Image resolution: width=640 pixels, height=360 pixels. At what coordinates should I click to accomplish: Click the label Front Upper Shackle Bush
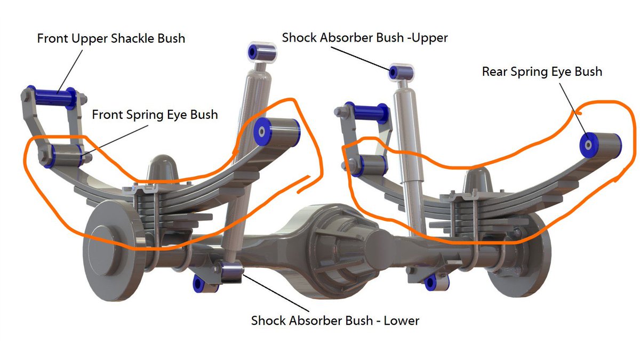[x=111, y=39]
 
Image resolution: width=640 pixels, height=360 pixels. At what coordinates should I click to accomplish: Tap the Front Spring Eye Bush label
[x=155, y=114]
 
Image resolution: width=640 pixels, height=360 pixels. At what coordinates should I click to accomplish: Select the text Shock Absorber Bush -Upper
[x=365, y=38]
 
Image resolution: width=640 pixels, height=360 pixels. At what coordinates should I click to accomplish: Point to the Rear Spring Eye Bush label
[x=542, y=71]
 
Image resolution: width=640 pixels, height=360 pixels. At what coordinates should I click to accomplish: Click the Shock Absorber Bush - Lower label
[x=335, y=321]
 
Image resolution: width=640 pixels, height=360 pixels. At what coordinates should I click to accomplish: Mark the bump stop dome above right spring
[x=478, y=181]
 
